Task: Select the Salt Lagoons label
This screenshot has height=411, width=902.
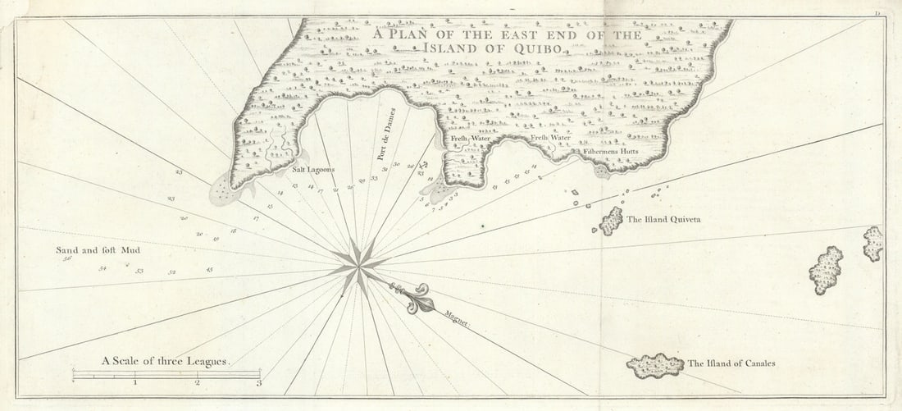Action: tap(314, 170)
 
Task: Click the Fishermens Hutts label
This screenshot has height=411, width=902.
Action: tap(611, 153)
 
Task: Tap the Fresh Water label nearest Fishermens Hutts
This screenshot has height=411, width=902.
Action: tap(550, 138)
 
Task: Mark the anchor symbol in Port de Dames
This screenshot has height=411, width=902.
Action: tap(423, 165)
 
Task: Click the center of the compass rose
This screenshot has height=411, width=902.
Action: tap(359, 265)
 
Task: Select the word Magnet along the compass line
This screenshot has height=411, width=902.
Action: tap(457, 319)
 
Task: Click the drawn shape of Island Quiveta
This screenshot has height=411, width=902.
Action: tap(610, 221)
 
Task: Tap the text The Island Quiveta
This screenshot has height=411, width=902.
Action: tap(663, 220)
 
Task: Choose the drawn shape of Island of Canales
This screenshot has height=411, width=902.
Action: tap(655, 365)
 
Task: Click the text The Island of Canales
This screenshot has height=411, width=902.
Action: tap(731, 363)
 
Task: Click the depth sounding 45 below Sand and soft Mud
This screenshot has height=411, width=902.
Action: tap(210, 270)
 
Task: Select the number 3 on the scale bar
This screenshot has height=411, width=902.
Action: tap(258, 382)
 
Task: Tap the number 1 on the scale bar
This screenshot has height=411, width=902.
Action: tap(135, 382)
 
